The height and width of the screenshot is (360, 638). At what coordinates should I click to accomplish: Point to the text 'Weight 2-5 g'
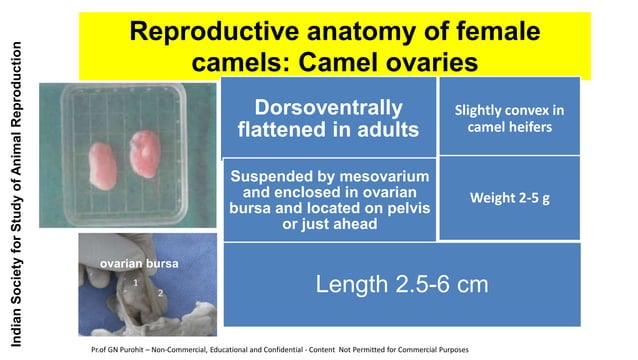click(x=510, y=198)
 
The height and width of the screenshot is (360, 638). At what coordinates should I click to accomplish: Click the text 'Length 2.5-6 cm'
click(x=402, y=285)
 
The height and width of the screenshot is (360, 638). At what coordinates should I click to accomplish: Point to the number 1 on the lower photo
click(x=135, y=285)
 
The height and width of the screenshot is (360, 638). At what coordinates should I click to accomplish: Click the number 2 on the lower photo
click(x=159, y=293)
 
